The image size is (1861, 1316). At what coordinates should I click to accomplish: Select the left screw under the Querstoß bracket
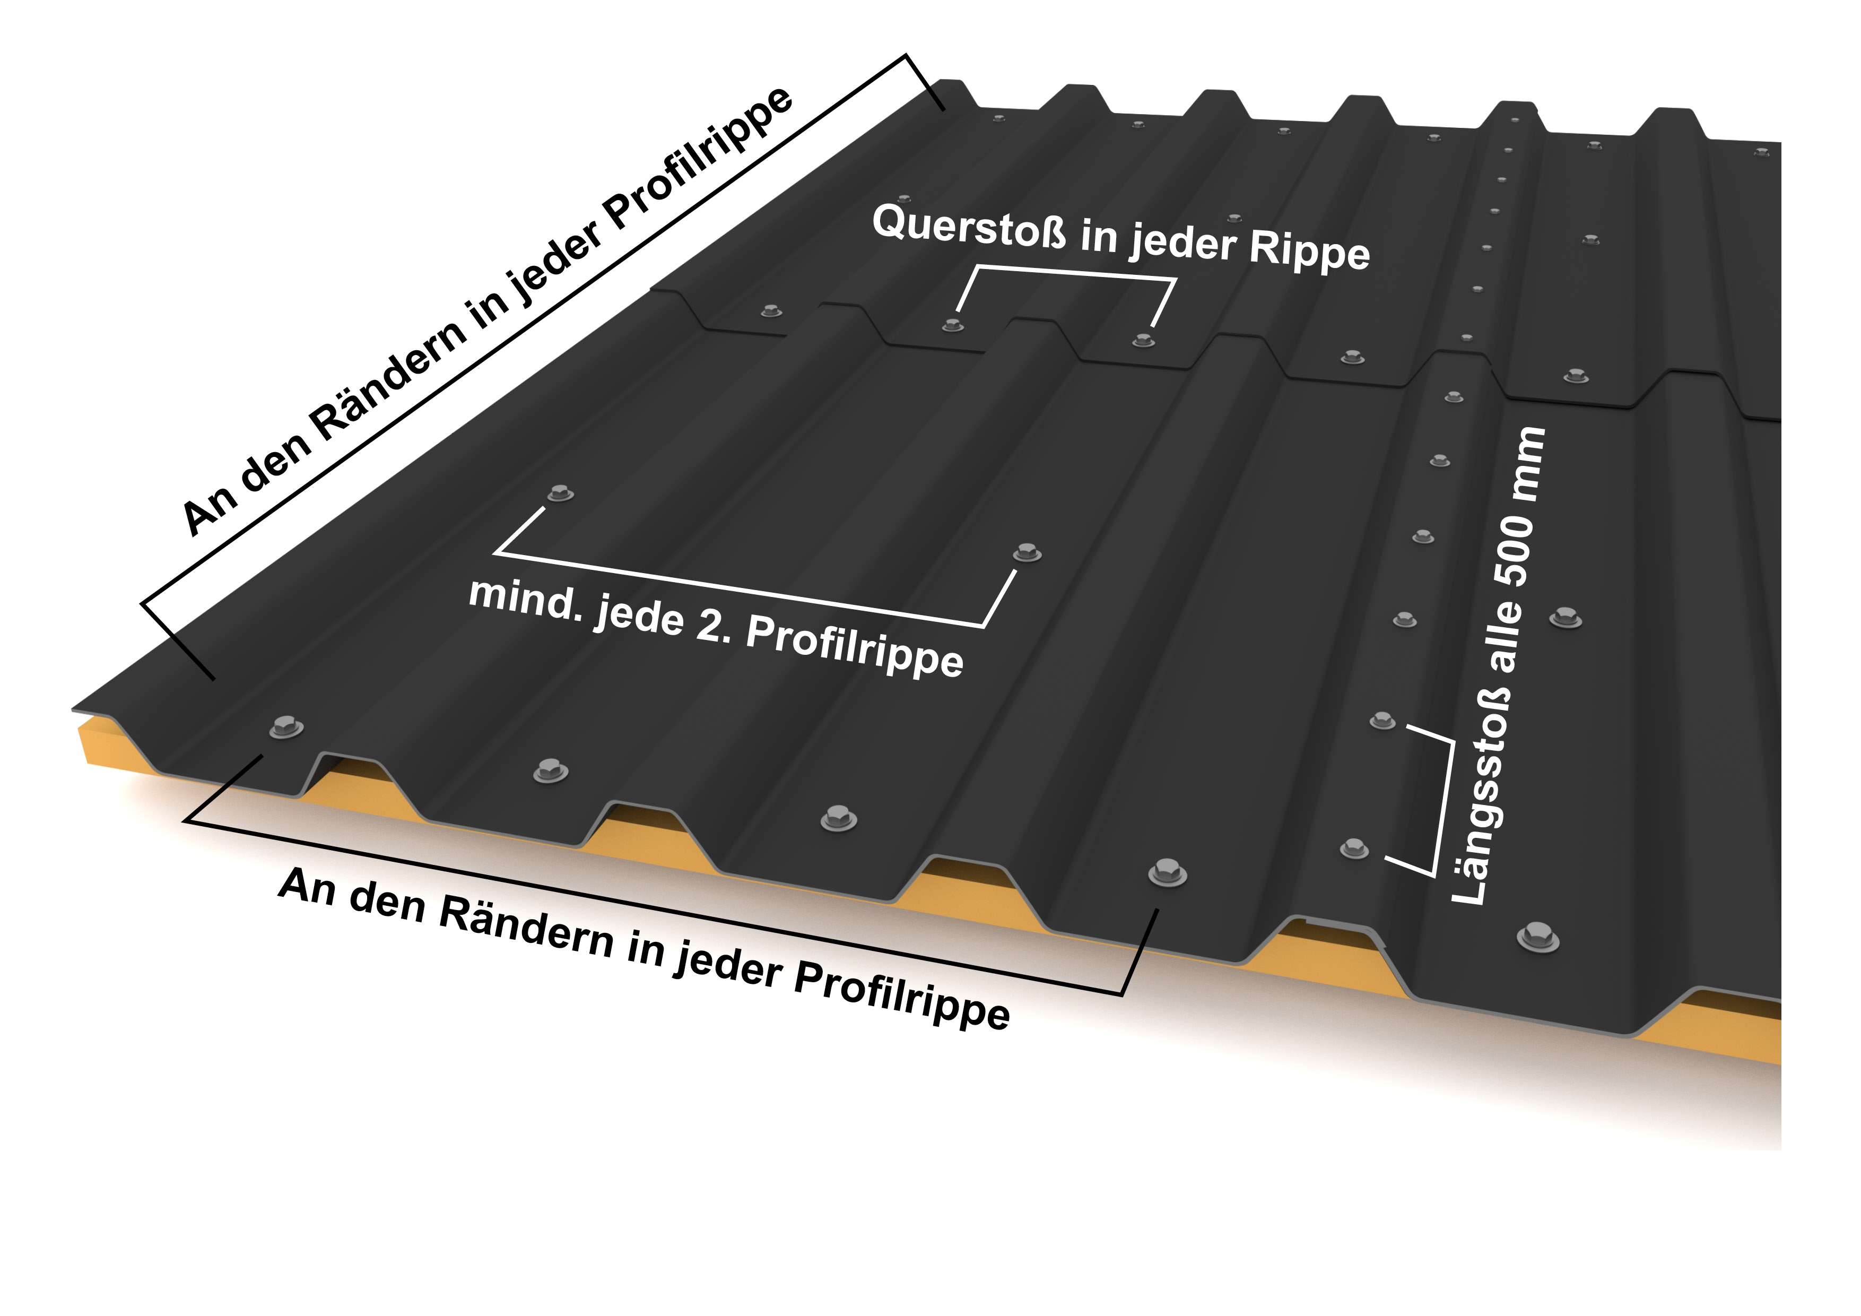tap(953, 325)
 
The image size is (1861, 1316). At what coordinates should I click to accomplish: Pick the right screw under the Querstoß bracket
tap(1143, 339)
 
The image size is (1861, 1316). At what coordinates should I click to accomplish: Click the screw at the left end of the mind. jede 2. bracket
tap(560, 492)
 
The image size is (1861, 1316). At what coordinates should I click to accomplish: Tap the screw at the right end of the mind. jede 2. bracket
tap(1027, 553)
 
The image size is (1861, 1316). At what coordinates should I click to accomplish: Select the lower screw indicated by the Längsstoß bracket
tap(1354, 848)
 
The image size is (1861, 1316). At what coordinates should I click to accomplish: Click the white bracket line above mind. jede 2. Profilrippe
tap(737, 590)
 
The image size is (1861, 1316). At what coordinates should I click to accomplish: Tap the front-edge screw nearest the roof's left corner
tap(285, 726)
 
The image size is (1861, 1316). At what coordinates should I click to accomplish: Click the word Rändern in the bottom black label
tap(527, 927)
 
